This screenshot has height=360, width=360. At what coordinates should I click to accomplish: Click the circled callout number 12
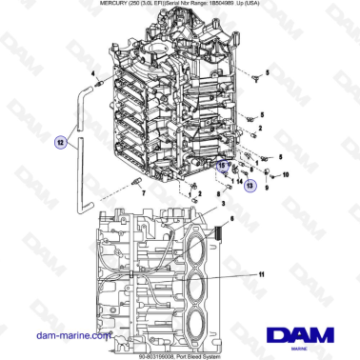(62, 142)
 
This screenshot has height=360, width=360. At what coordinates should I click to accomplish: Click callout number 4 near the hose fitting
(93, 72)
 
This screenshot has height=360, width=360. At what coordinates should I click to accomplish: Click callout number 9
(268, 188)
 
